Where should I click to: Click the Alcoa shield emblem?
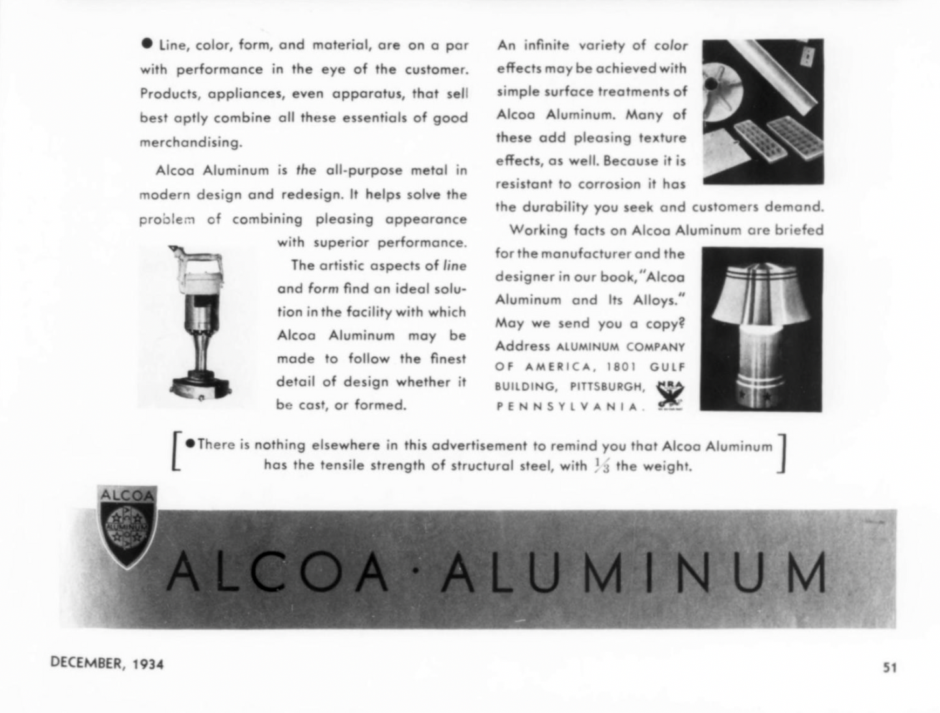(128, 526)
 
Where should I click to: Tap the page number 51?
(889, 667)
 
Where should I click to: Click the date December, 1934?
(107, 664)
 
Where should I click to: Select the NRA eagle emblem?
(669, 395)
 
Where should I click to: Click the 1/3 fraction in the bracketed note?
(602, 466)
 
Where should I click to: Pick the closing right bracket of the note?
(783, 453)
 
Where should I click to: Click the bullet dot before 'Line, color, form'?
(147, 44)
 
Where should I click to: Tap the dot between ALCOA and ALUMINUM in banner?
(415, 573)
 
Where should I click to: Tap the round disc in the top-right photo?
(724, 85)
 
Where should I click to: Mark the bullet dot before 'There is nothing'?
(190, 443)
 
